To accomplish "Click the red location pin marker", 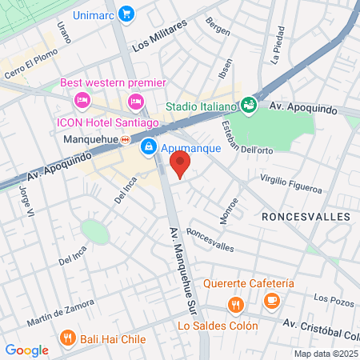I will coord(181,166).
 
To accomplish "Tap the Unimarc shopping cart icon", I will coord(126,14).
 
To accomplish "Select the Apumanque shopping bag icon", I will coord(149,147).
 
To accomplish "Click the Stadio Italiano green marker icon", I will coord(249,105).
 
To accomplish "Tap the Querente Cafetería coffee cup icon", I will coord(272,301).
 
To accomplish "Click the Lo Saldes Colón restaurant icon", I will coord(235,305).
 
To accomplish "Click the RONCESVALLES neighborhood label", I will coord(306,217).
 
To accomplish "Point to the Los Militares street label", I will coord(160,35).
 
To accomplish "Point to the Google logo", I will coord(27,350).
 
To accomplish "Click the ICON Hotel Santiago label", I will coord(107,122).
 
